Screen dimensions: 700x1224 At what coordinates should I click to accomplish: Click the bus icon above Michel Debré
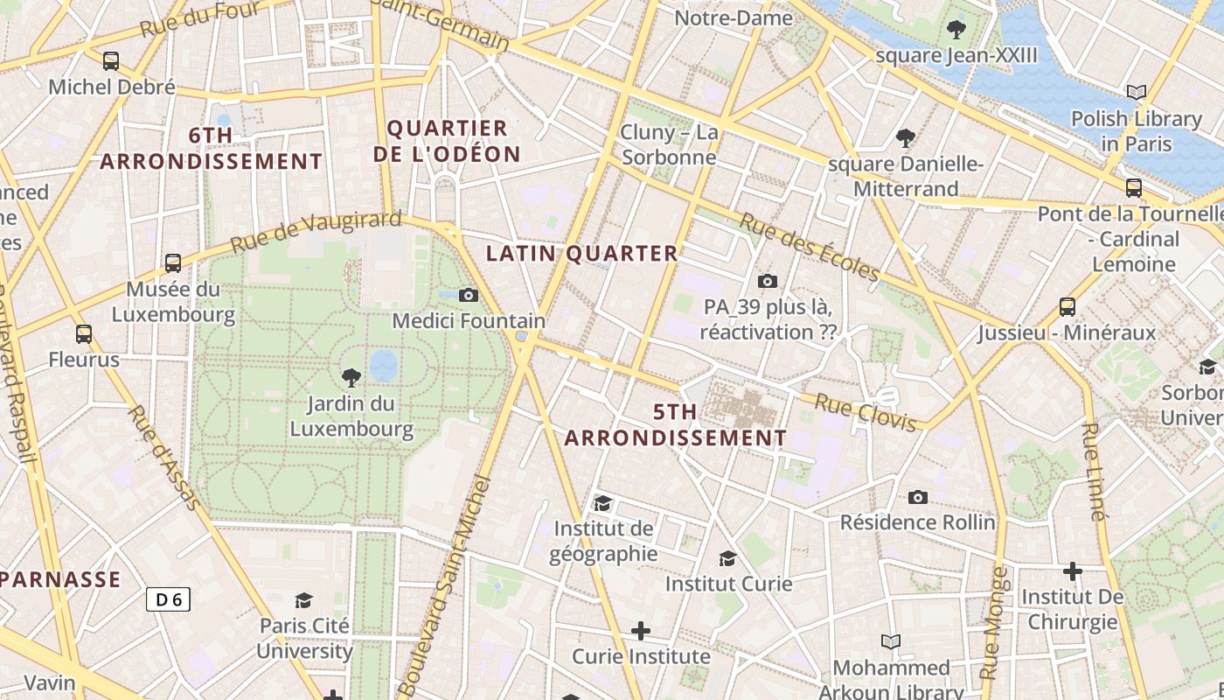tap(111, 61)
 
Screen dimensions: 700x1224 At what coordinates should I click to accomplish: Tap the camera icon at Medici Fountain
tap(469, 295)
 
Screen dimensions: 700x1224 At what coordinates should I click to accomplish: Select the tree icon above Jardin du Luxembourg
tap(351, 378)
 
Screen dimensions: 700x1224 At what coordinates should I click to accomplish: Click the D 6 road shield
tap(168, 599)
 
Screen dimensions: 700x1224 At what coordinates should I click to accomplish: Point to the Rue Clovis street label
tap(866, 412)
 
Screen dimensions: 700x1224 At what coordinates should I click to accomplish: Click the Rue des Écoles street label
tap(809, 248)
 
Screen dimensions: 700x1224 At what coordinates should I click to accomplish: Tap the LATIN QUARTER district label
tap(581, 254)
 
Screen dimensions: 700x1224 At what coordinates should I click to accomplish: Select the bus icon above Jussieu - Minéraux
tap(1068, 307)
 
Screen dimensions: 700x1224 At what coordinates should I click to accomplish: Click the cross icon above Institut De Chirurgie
tap(1073, 571)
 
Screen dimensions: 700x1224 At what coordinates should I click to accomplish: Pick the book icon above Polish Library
tap(1137, 92)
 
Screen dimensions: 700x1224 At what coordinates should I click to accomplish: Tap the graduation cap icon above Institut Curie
tap(727, 558)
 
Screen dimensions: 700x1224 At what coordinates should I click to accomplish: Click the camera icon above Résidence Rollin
tap(917, 497)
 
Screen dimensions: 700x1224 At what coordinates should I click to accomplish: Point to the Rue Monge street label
tap(995, 623)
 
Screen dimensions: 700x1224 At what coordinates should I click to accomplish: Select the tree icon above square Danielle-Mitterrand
tap(906, 137)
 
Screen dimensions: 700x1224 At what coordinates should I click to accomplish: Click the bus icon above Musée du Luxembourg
tap(173, 263)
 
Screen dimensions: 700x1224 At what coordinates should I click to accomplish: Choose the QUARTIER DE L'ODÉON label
tap(447, 141)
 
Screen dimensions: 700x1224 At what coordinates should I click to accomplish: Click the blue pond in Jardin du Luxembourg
tap(383, 366)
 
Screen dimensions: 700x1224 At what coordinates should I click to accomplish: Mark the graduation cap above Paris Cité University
tap(303, 600)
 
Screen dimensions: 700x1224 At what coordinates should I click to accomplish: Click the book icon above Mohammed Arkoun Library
tap(891, 642)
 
